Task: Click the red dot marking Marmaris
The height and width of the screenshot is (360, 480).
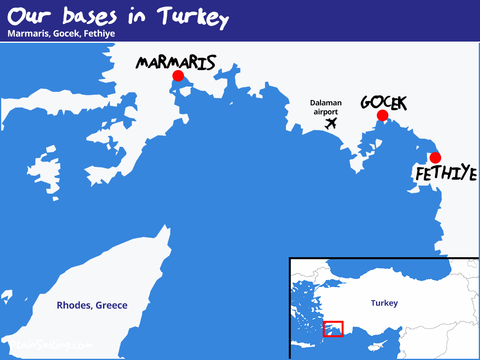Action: coord(178,76)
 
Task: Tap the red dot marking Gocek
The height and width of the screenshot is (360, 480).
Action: coord(382,116)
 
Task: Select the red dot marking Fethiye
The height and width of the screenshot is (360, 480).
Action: coord(435,158)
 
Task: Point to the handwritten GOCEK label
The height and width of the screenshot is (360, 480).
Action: coord(384,102)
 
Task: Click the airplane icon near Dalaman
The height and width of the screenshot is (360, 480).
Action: coord(330,124)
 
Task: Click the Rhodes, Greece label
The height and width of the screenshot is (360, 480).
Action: coord(92,306)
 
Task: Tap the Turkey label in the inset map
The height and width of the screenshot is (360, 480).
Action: coord(384,303)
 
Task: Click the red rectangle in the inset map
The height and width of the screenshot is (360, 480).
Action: coord(333,329)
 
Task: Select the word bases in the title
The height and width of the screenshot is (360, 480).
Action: coord(90,17)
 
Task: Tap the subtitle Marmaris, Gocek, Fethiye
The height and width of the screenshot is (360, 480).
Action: coord(61,34)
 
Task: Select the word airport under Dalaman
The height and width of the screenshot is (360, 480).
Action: coord(326,112)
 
